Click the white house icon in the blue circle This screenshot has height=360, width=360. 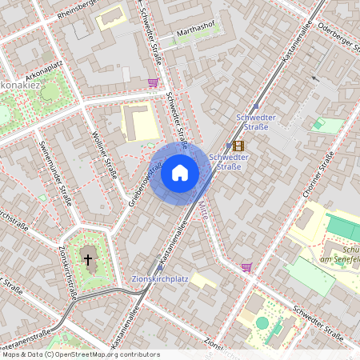pos(179,172)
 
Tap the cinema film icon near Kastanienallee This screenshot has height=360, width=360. pos(238,146)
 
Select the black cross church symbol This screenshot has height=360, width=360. pos(88,260)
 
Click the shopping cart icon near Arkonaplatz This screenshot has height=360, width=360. pos(153,82)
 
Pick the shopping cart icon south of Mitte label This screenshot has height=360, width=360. pos(246,267)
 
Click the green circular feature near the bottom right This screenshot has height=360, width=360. pos(262,322)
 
